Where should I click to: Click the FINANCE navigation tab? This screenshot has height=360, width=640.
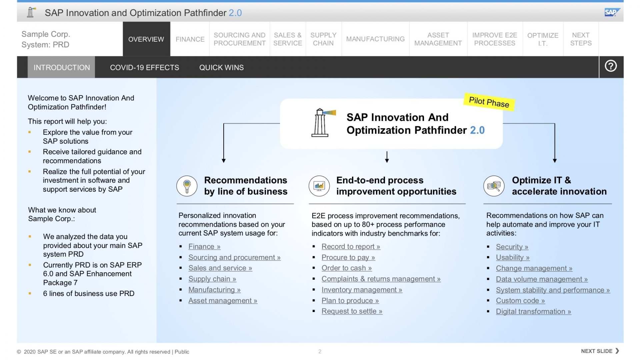pyautogui.click(x=190, y=39)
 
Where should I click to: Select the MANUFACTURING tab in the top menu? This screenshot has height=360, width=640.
pyautogui.click(x=375, y=39)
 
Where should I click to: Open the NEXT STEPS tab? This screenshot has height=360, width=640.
pyautogui.click(x=581, y=39)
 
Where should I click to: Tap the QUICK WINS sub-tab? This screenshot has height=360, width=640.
pyautogui.click(x=221, y=67)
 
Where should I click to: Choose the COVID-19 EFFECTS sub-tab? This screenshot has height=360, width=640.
pyautogui.click(x=144, y=67)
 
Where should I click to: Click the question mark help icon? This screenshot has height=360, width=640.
pyautogui.click(x=611, y=66)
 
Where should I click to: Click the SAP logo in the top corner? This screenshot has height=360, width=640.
pyautogui.click(x=611, y=12)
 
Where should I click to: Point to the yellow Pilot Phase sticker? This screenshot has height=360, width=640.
pyautogui.click(x=489, y=102)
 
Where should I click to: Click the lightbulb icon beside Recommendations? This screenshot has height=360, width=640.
pyautogui.click(x=187, y=186)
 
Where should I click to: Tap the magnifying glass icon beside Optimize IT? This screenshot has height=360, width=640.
pyautogui.click(x=494, y=186)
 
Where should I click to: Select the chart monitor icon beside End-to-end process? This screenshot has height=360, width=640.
pyautogui.click(x=319, y=186)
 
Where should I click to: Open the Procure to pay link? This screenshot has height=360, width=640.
pyautogui.click(x=348, y=257)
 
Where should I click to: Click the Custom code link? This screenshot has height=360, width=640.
pyautogui.click(x=520, y=301)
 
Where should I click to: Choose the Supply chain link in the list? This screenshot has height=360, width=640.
pyautogui.click(x=212, y=279)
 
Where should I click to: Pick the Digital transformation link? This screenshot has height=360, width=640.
pyautogui.click(x=533, y=312)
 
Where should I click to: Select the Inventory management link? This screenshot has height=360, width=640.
pyautogui.click(x=362, y=290)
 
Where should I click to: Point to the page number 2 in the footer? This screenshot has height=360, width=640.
pyautogui.click(x=320, y=351)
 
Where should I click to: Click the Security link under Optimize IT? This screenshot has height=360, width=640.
pyautogui.click(x=512, y=247)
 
